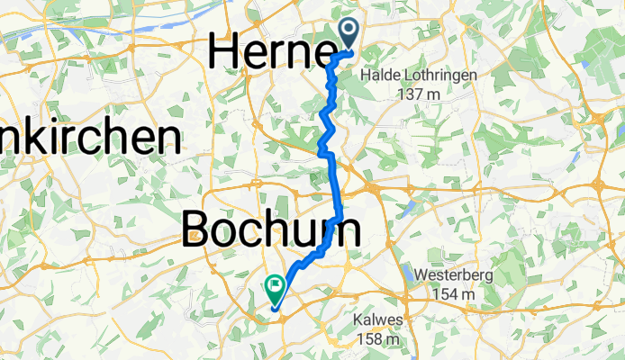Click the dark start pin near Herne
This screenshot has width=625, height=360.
[x=349, y=33]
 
